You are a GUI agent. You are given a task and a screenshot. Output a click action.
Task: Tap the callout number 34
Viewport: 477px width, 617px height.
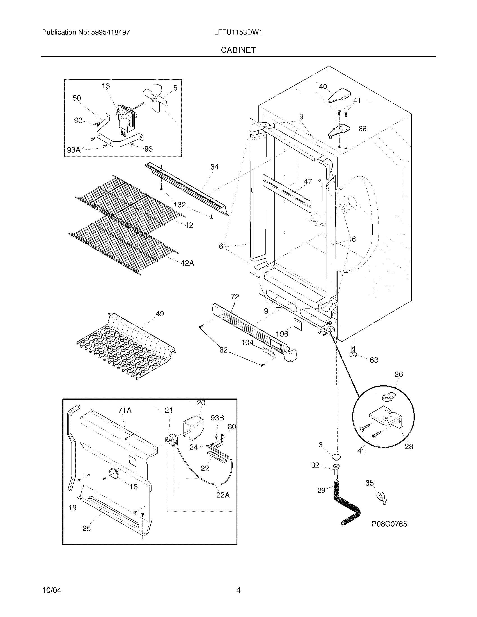point(214,167)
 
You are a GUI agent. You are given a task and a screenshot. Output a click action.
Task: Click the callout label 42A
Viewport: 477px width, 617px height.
point(187,263)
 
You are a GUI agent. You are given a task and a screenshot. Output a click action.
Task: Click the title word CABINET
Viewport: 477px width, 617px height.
point(238,50)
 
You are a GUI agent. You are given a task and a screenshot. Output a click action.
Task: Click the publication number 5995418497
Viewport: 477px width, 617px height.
point(111,33)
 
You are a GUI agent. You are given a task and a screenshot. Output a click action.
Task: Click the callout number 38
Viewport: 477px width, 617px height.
point(362,128)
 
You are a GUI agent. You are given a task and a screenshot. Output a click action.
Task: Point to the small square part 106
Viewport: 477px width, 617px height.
point(297,324)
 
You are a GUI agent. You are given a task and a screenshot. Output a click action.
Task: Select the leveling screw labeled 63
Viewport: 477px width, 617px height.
point(354,352)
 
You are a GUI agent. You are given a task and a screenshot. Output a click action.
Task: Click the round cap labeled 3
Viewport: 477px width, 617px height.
point(336,456)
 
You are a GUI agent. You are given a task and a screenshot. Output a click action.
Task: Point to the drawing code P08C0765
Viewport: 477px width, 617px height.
point(389,524)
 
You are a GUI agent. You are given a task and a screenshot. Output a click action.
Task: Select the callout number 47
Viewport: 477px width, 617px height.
point(308,181)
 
